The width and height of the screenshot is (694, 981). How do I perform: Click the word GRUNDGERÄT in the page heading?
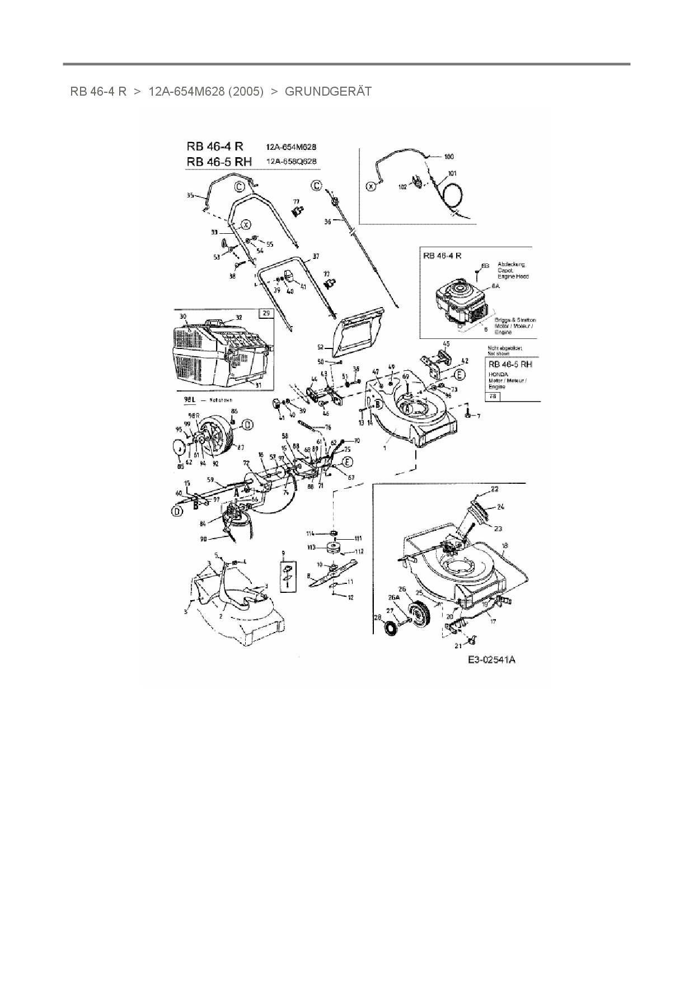coord(328,92)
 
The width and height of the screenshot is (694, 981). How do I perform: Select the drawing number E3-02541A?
coord(491,660)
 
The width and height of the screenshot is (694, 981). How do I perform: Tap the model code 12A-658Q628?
coord(291,161)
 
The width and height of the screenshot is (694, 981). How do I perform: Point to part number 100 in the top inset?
coord(449,157)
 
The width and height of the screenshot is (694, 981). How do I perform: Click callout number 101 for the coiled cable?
coord(452,173)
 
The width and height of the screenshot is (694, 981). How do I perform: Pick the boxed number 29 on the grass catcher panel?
coord(266,313)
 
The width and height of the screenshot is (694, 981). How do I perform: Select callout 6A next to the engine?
coord(495,286)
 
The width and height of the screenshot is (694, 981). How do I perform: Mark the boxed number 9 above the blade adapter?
coord(283,553)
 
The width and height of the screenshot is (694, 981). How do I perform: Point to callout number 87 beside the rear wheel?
coord(241,447)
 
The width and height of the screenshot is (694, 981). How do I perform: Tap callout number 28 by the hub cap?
coord(377,617)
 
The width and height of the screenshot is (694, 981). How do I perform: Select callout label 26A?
coord(394,597)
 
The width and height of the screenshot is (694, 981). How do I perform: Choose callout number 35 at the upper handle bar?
coord(190,196)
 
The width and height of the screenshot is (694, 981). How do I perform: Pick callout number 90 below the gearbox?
coord(204,539)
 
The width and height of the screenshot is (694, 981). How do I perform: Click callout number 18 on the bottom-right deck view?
coord(505,545)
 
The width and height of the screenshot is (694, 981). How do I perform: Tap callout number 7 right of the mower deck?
coord(478,416)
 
